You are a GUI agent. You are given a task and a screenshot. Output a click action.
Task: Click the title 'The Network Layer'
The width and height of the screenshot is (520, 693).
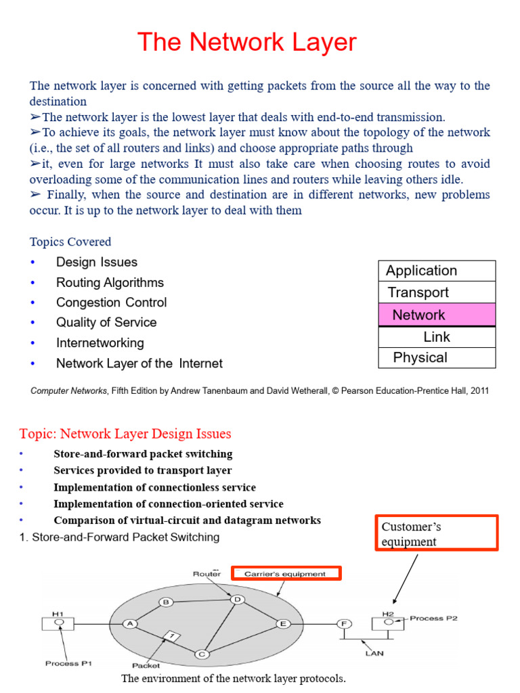pyautogui.click(x=246, y=43)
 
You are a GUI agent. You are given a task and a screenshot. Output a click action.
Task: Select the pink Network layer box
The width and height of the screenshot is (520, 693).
pyautogui.click(x=437, y=315)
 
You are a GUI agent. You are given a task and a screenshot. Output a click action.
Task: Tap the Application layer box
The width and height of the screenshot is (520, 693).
pyautogui.click(x=437, y=271)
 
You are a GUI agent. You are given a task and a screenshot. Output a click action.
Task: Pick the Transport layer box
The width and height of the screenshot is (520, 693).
pyautogui.click(x=437, y=292)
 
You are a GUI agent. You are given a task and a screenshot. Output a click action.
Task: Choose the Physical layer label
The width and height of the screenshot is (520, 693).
pyautogui.click(x=420, y=357)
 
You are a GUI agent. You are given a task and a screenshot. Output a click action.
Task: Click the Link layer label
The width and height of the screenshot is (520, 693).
pyautogui.click(x=437, y=336)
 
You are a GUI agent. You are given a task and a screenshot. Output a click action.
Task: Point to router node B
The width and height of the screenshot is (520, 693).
pyautogui.click(x=166, y=602)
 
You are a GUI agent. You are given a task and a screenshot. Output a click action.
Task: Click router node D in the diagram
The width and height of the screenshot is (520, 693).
pyautogui.click(x=237, y=599)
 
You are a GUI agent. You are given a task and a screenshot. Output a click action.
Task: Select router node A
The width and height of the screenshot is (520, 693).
pyautogui.click(x=130, y=624)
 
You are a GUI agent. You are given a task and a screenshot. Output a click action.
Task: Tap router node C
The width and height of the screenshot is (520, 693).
pyautogui.click(x=201, y=654)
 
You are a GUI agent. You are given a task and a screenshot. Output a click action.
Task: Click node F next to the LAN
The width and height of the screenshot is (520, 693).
pyautogui.click(x=344, y=624)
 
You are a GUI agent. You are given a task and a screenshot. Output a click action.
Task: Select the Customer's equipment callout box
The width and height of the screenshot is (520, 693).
pyautogui.click(x=436, y=533)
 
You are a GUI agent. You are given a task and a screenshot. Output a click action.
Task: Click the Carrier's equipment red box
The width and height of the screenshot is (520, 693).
pyautogui.click(x=286, y=574)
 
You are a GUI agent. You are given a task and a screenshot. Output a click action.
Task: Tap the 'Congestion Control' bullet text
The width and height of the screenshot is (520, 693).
pyautogui.click(x=111, y=303)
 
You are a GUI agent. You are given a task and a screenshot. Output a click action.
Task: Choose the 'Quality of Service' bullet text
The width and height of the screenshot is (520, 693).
pyautogui.click(x=106, y=323)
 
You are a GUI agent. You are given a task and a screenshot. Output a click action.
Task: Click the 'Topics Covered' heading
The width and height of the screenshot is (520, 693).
pyautogui.click(x=70, y=242)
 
